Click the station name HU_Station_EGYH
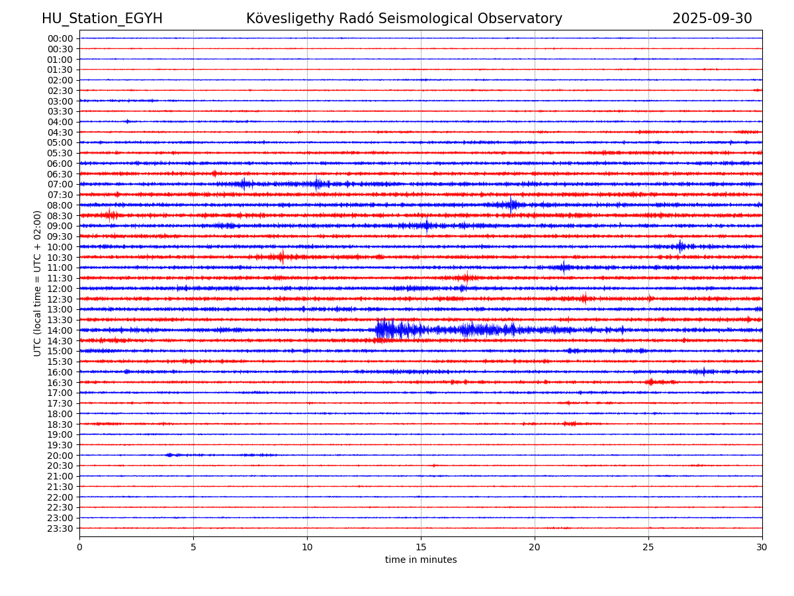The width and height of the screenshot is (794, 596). (x=102, y=19)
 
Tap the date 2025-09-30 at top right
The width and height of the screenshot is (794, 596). (x=712, y=19)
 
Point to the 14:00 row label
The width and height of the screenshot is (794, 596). (x=60, y=330)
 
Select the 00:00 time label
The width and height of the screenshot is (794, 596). (x=60, y=38)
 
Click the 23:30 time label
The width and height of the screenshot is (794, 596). (x=60, y=528)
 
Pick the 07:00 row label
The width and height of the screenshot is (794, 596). (x=60, y=184)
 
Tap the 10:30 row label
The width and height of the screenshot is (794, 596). (x=60, y=258)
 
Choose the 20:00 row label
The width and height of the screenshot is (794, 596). (x=60, y=456)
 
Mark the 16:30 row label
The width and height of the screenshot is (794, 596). (x=60, y=383)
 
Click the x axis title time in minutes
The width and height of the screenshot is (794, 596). (x=421, y=560)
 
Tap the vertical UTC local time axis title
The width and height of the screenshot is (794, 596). (x=38, y=283)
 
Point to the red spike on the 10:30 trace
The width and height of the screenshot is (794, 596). (x=282, y=256)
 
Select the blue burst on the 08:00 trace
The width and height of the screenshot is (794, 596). (x=511, y=205)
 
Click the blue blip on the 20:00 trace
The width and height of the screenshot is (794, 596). (x=169, y=455)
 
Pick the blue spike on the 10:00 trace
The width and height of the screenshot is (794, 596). (x=680, y=246)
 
